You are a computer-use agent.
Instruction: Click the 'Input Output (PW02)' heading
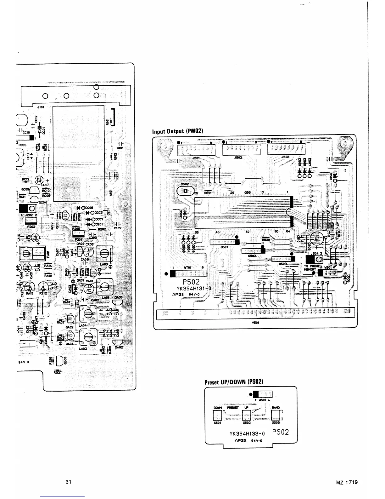pyautogui.click(x=179, y=131)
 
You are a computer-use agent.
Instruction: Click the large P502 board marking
pyautogui.click(x=192, y=281)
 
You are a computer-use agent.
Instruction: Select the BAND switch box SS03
pyautogui.click(x=276, y=416)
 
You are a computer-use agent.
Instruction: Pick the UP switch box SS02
pyautogui.click(x=247, y=416)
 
